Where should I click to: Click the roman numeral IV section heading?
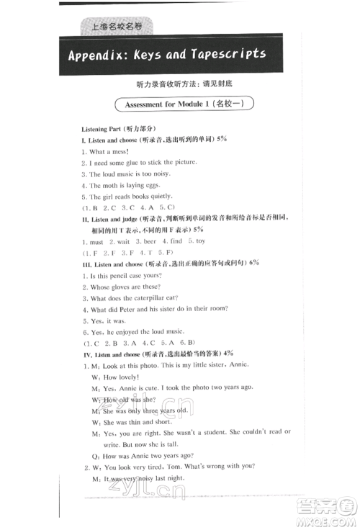point(84,354)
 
